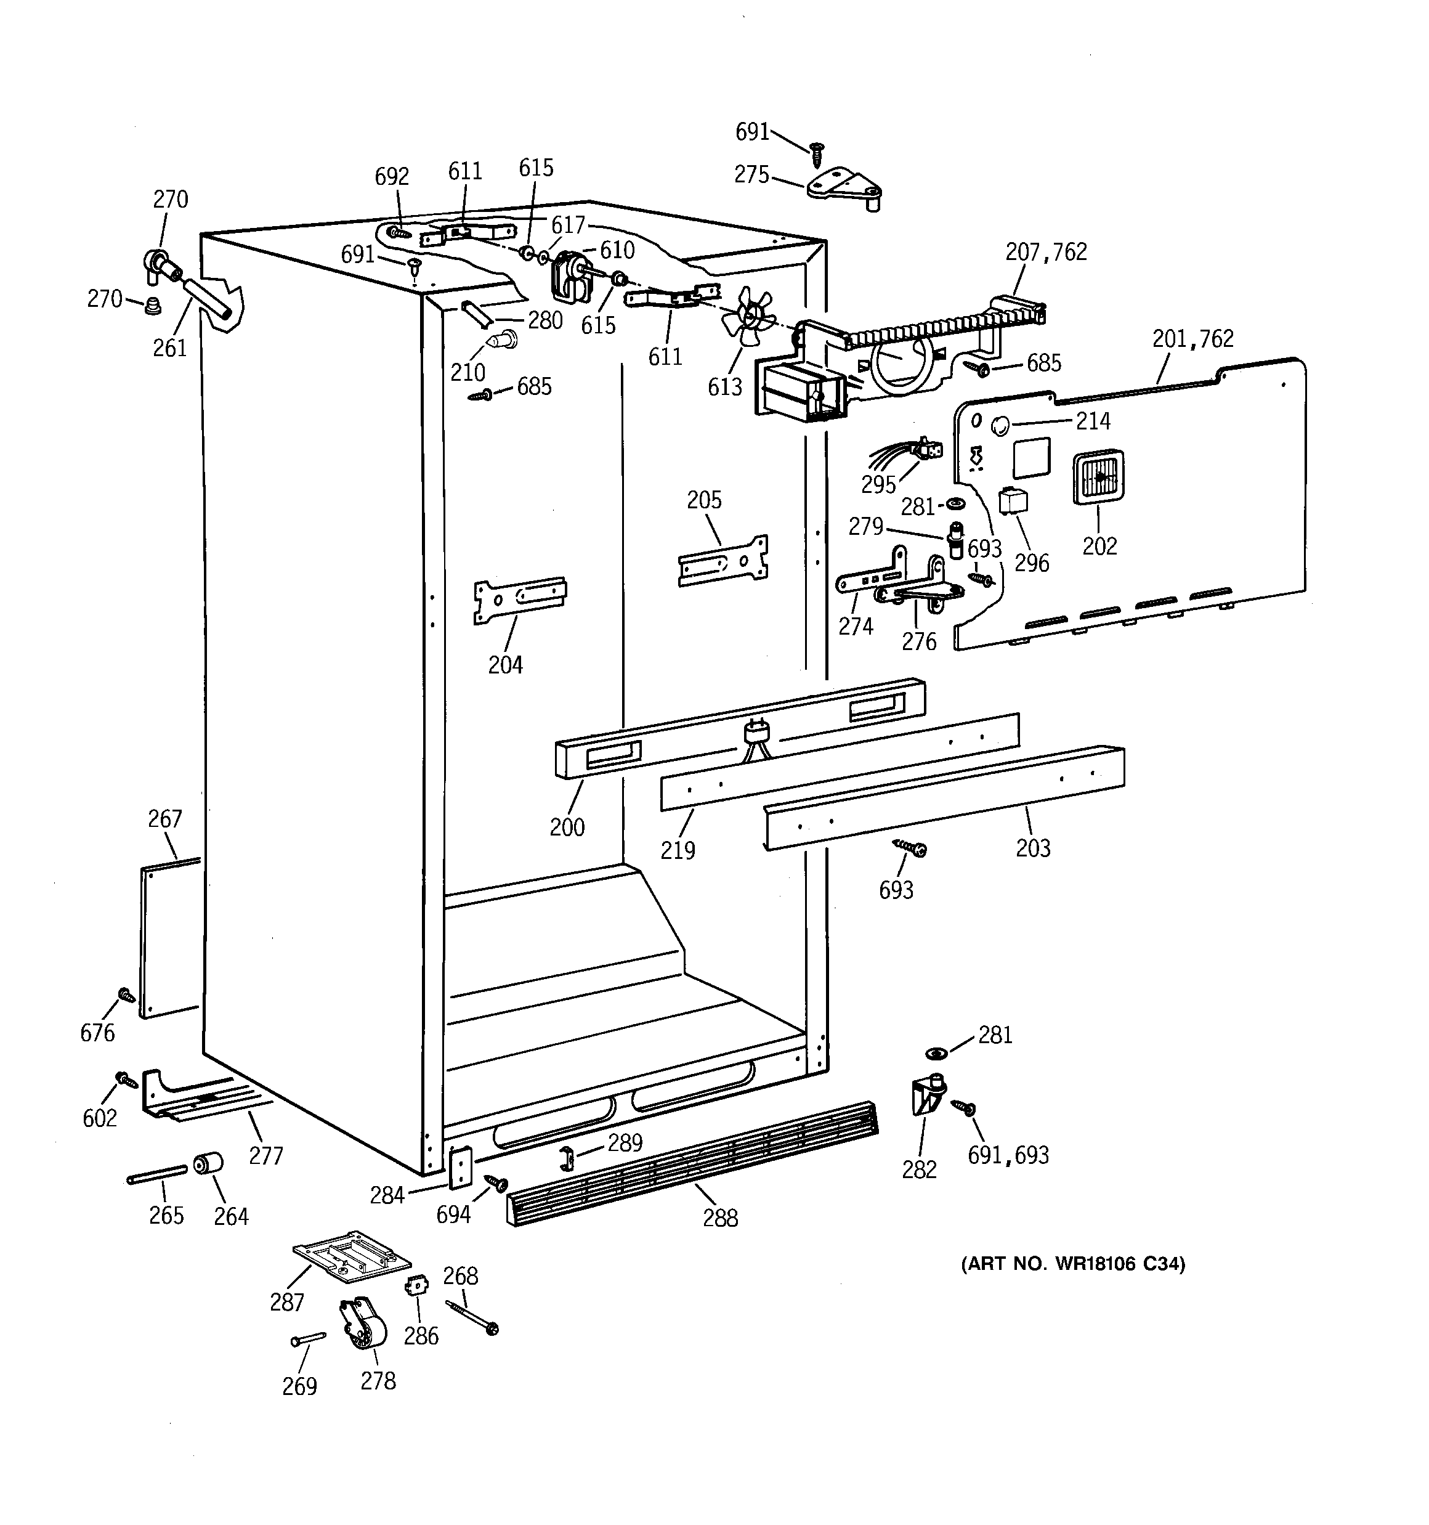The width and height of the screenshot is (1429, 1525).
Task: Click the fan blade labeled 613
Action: [747, 316]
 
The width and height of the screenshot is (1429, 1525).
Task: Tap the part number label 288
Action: [719, 1218]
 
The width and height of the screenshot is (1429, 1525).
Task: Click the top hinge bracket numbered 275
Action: [844, 188]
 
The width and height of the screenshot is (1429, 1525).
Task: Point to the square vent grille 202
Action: [1098, 476]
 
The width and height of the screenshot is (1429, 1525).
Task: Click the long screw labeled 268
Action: [471, 1316]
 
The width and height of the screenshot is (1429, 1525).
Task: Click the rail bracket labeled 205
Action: [723, 561]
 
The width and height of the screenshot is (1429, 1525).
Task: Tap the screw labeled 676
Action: [126, 996]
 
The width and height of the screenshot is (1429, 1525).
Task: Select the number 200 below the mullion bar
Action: [566, 827]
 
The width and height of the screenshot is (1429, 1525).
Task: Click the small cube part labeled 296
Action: [1013, 502]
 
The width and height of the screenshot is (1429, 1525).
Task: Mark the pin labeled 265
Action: [156, 1174]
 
